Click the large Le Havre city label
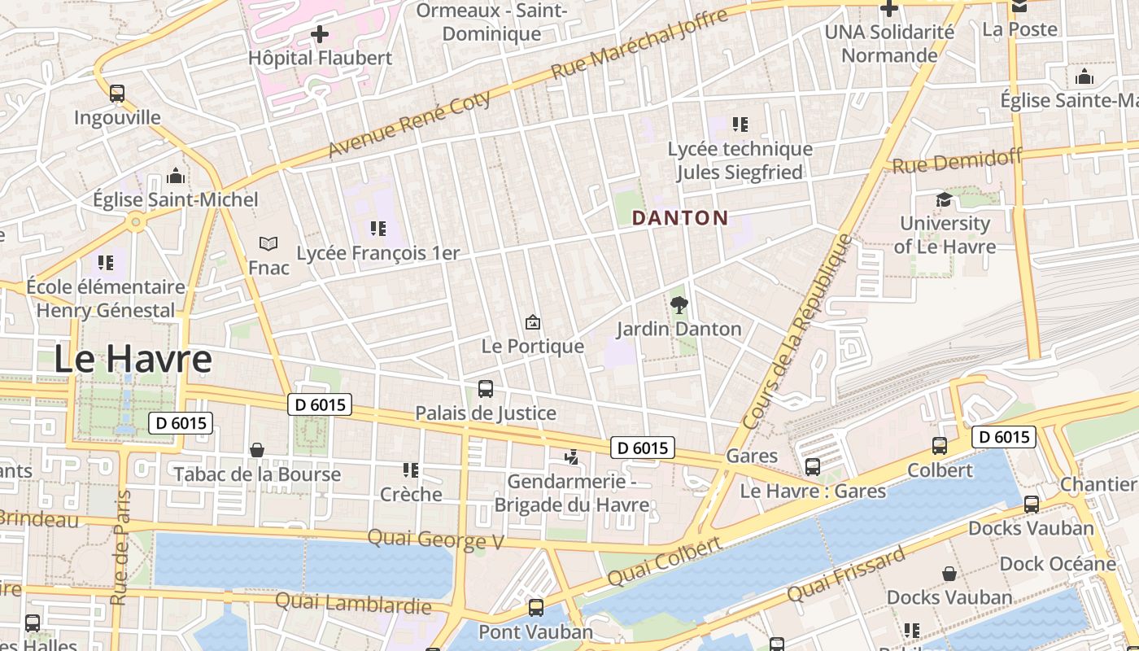coord(133,359)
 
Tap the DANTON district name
coord(679,218)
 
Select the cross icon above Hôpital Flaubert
coord(320,34)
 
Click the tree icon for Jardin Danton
coord(679,305)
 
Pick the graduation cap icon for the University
coord(944,199)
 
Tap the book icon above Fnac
coord(268,243)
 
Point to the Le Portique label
coord(532,346)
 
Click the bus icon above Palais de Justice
coord(486,388)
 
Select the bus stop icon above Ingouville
coord(117,94)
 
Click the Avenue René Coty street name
coord(410,125)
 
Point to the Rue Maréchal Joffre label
coord(639,45)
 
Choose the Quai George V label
coord(435,539)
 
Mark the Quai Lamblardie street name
coord(353,603)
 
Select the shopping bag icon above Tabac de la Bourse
coord(257,450)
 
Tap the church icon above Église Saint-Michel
coord(175,177)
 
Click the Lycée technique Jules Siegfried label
coord(740,160)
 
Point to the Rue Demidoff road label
coord(957,160)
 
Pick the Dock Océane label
coord(1058,563)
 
